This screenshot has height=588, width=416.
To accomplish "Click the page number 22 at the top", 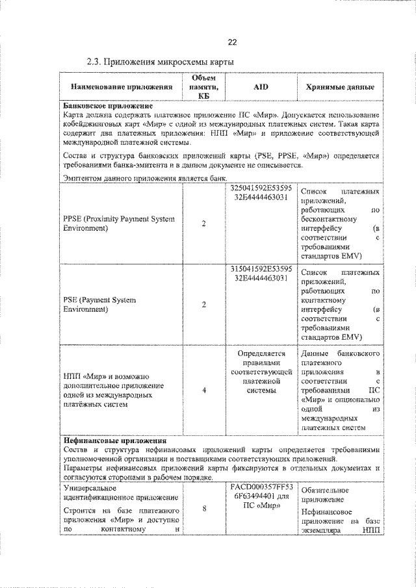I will point(232,42).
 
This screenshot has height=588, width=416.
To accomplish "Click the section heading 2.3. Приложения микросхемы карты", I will point(160,62).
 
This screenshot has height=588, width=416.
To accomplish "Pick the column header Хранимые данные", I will point(339,86).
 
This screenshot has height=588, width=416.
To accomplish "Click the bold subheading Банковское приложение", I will point(107,105).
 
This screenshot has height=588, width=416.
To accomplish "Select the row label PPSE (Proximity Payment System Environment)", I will point(118,224).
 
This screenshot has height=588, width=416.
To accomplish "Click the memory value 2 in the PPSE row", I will point(204,224).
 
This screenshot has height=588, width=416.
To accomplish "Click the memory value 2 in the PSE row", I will point(204,305).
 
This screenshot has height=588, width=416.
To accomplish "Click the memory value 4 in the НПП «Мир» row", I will point(204,390).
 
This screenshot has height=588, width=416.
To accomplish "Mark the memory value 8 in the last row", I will point(204,509).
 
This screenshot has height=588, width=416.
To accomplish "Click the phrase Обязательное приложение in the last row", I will point(326,495).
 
